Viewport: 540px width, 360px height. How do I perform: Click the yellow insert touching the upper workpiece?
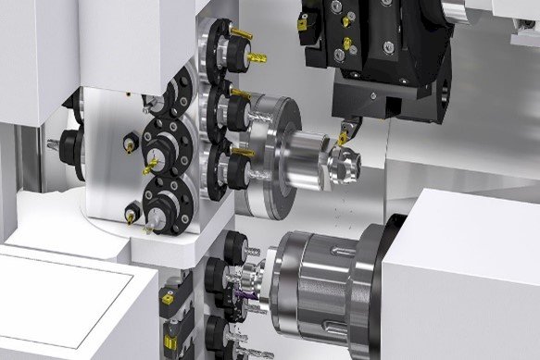[x=344, y=138]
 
